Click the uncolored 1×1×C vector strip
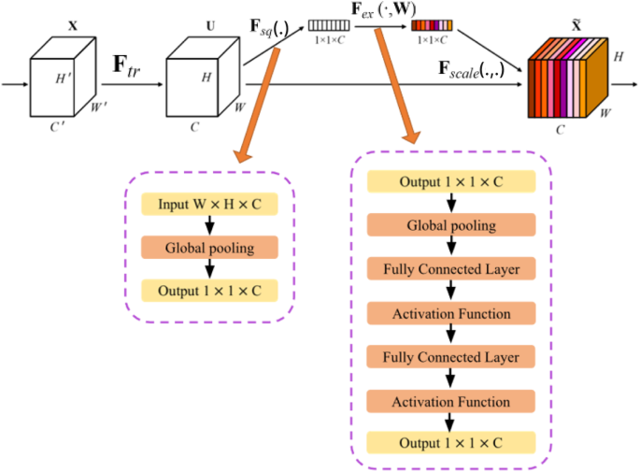click(x=331, y=26)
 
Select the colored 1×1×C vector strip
click(x=432, y=26)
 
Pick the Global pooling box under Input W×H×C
click(x=209, y=248)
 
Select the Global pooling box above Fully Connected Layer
click(x=451, y=225)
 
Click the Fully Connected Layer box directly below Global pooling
click(x=451, y=269)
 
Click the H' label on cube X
click(x=64, y=77)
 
